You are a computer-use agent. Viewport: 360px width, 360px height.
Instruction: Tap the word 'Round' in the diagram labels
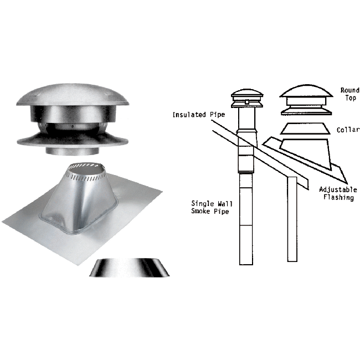pyautogui.click(x=349, y=90)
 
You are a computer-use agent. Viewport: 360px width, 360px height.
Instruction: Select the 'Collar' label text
pyautogui.click(x=348, y=130)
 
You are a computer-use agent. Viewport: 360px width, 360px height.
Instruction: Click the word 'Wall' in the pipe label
pyautogui.click(x=220, y=203)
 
